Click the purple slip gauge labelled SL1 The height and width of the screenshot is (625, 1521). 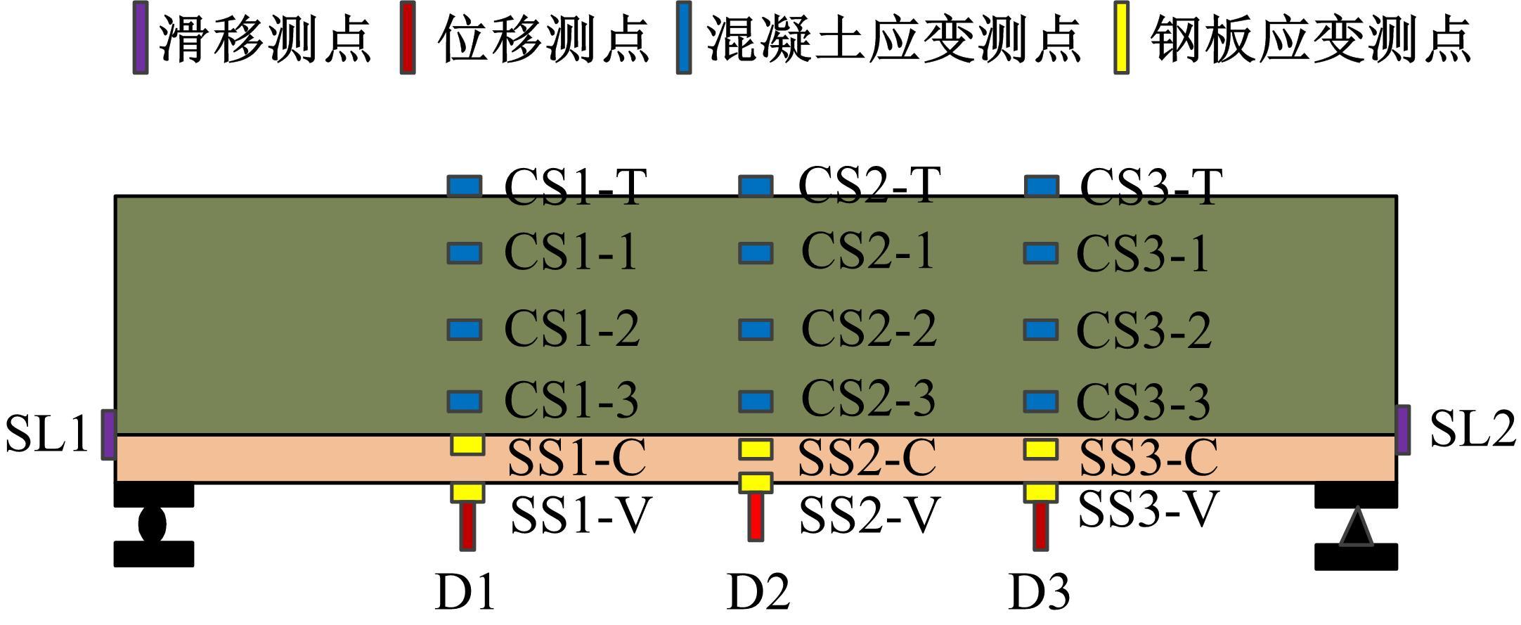[108, 434]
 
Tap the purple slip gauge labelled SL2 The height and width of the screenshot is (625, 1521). [1402, 430]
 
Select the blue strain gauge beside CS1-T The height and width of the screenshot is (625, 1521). [465, 186]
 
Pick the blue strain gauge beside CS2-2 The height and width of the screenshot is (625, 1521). [756, 330]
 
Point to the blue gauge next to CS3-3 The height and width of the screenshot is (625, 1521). [1041, 401]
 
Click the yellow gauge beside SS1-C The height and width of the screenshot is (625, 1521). [467, 444]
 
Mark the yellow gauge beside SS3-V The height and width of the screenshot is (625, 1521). [1040, 492]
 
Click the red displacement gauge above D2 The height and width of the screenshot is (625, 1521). [756, 517]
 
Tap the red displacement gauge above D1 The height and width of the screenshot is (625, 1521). [467, 525]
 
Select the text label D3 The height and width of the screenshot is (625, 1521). [1039, 592]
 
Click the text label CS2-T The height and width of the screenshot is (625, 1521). [869, 185]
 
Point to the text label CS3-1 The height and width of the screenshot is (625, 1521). [1143, 253]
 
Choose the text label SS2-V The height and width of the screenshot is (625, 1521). [869, 515]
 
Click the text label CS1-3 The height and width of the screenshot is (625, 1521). [571, 400]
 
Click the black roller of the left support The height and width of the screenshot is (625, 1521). [153, 524]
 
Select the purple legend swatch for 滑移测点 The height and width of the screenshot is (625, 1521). [141, 37]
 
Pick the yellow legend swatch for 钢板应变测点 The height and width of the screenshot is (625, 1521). [1122, 37]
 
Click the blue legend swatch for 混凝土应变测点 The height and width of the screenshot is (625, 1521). [683, 37]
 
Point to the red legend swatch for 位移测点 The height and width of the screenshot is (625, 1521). [407, 37]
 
